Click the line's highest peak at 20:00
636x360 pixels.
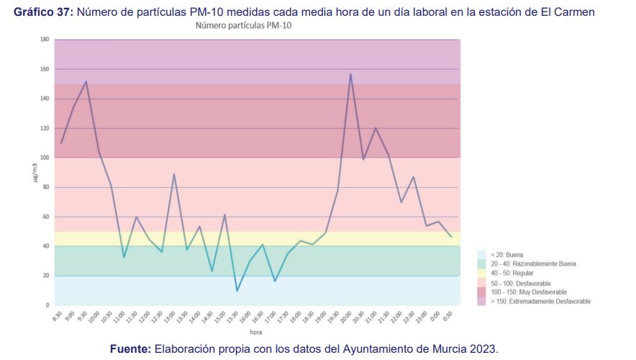pos(350,74)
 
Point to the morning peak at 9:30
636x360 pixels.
pos(86,81)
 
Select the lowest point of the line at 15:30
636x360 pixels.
pos(237,291)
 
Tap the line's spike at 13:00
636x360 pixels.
pos(174,174)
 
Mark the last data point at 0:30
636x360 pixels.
pos(451,237)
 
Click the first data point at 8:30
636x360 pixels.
pos(61,143)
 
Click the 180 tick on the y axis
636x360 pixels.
pos(45,40)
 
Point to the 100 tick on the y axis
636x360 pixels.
pos(45,158)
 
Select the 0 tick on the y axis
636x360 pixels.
pos(47,305)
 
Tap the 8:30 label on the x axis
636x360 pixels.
pos(58,317)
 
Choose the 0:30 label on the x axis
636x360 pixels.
pos(448,317)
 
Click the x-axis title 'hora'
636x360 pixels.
pos(256,333)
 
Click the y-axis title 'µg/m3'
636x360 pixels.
pos(34,173)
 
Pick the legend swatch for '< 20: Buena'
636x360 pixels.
pos(482,255)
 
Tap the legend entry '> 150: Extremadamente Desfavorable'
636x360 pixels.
pos(540,302)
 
